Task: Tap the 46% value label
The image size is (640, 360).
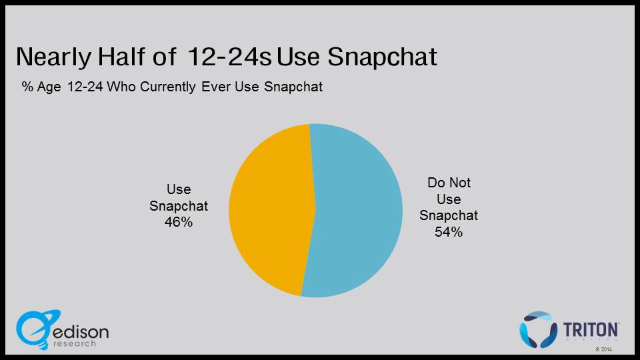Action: (x=179, y=222)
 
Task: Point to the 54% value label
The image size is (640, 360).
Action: (x=449, y=232)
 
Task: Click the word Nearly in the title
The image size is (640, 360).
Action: (x=53, y=57)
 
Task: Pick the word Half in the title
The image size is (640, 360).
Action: (x=121, y=56)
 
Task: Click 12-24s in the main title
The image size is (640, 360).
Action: (x=229, y=56)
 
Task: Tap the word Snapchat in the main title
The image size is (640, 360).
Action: (x=382, y=57)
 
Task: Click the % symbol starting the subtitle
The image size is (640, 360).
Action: (x=27, y=87)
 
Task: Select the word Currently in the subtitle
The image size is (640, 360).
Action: (x=168, y=87)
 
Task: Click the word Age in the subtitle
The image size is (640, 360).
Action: (x=49, y=87)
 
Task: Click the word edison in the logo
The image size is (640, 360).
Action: (x=81, y=332)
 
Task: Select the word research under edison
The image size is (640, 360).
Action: (x=74, y=344)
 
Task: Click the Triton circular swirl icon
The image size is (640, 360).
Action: (x=538, y=329)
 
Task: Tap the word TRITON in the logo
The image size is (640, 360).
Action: (x=590, y=329)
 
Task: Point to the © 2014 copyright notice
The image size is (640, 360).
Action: (x=604, y=349)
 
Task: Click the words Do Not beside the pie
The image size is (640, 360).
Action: (x=449, y=183)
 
